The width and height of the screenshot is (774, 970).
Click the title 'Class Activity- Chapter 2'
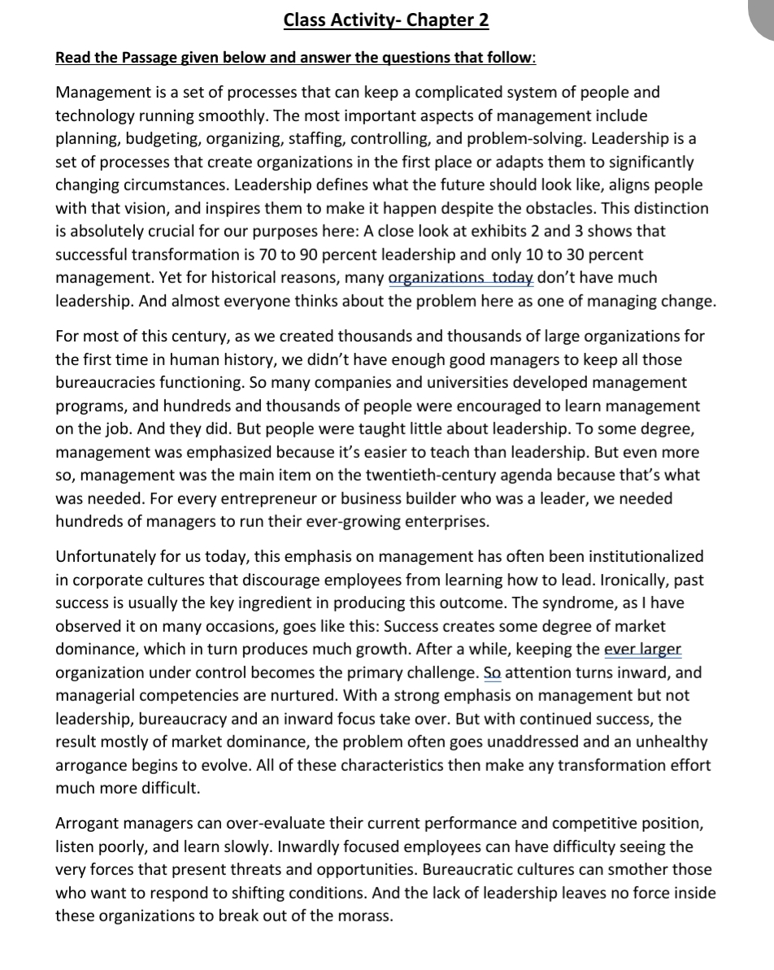click(386, 20)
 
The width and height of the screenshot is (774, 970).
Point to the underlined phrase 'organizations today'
click(461, 277)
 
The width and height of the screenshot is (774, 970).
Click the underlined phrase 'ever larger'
click(644, 650)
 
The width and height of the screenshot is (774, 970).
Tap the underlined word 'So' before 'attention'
click(492, 672)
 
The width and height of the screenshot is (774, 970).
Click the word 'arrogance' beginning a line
click(90, 765)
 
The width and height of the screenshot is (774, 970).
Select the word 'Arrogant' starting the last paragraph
click(86, 824)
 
